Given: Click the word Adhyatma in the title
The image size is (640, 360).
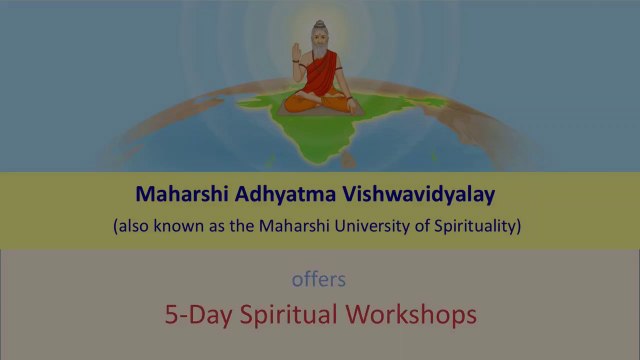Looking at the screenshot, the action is tap(285, 195).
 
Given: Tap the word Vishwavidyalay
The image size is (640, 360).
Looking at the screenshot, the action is tap(418, 195).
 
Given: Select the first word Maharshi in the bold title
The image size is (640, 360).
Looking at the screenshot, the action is tap(182, 194).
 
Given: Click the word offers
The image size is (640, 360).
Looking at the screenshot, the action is tap(318, 280).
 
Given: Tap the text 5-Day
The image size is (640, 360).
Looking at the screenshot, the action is tap(198, 315).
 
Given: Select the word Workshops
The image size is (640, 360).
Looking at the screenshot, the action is tap(411, 315).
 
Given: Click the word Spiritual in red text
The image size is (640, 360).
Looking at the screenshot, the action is tap(289, 315).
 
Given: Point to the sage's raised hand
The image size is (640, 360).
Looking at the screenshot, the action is tap(296, 52).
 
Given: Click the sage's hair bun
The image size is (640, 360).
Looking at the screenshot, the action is tap(320, 24).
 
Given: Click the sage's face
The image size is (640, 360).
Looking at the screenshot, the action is tap(320, 40).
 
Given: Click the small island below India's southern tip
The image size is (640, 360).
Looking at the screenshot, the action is tap(348, 160).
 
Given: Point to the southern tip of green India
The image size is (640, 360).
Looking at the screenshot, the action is tap(319, 162).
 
